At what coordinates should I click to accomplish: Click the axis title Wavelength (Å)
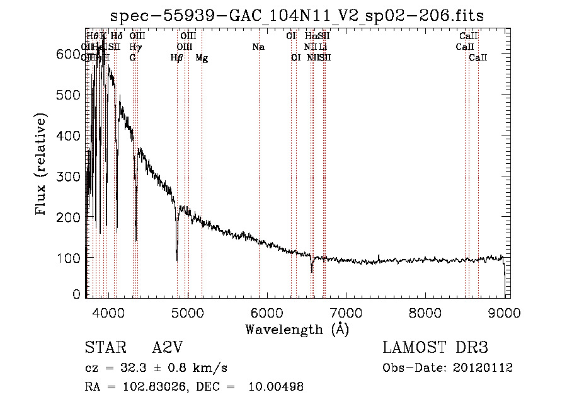click(297, 329)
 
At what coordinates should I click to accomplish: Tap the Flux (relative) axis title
click(42, 166)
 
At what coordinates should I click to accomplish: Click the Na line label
click(258, 47)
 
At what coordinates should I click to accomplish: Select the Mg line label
click(202, 58)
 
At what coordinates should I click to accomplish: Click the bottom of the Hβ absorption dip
click(177, 259)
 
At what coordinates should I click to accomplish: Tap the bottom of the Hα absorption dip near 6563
click(312, 272)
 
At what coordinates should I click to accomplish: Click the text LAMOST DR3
click(435, 348)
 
